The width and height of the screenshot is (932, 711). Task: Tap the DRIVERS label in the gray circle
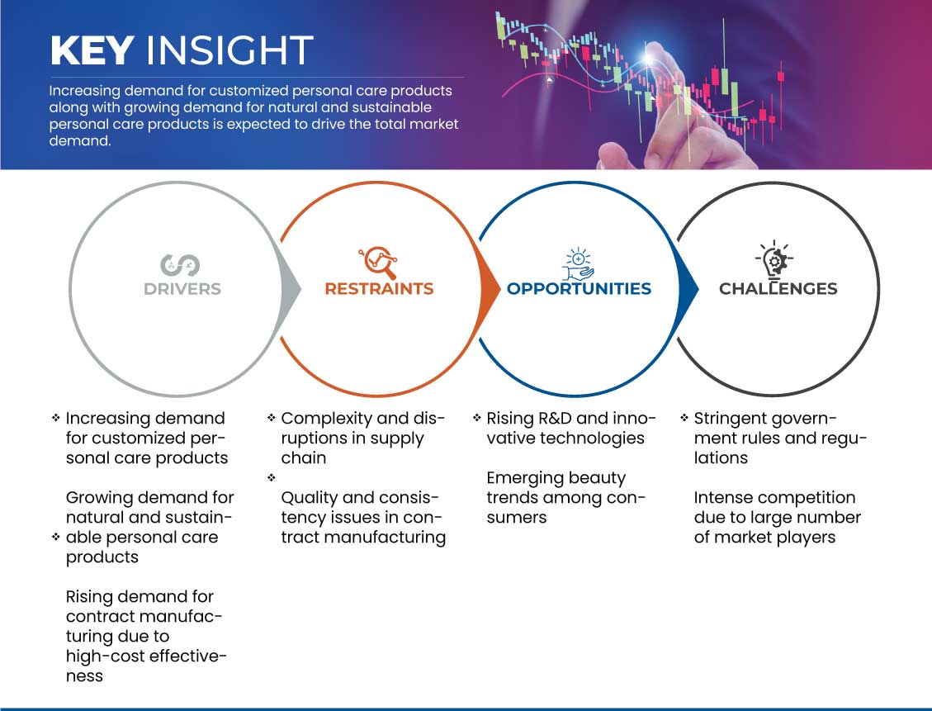coord(182,289)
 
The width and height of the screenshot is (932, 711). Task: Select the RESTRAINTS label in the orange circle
coord(379,289)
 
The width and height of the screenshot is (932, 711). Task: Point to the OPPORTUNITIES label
coord(579,289)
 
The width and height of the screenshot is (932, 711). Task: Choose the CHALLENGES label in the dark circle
coord(778,289)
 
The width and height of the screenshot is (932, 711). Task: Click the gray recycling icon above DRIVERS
coord(179,265)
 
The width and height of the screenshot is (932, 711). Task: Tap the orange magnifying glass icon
coord(378,262)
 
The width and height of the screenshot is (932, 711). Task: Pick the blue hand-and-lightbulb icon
coord(579,264)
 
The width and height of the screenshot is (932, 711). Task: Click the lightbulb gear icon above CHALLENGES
coord(774,260)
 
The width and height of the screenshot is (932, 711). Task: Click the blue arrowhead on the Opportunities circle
coord(688,290)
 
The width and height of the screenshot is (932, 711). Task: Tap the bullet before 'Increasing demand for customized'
coord(56,418)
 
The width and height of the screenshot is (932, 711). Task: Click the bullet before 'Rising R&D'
coord(476,418)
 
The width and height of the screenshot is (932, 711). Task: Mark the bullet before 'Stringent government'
coord(684,418)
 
